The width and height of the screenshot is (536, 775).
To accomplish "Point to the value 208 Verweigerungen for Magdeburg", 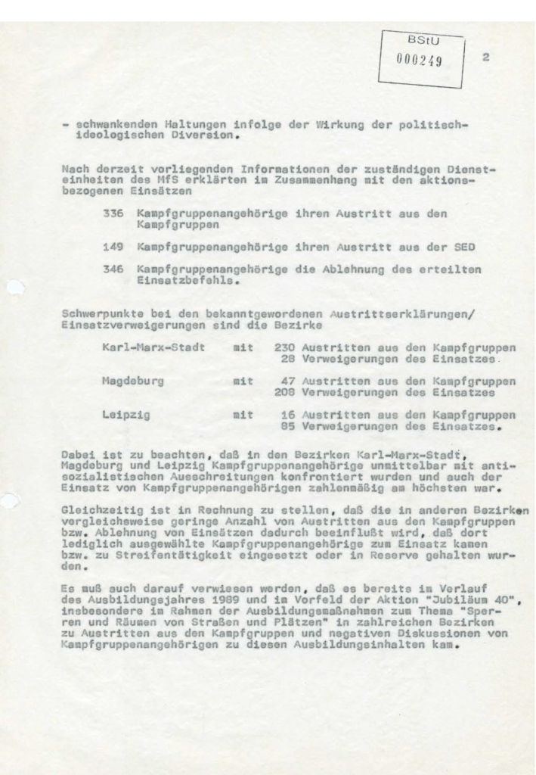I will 283,393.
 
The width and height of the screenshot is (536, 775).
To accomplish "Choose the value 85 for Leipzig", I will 287,426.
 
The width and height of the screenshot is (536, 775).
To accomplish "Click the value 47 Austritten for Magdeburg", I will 287,382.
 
